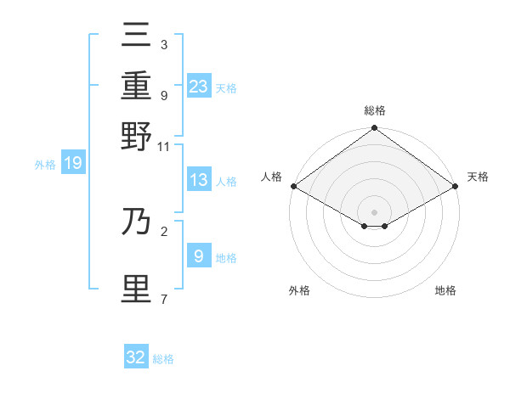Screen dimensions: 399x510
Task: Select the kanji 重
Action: coord(137,86)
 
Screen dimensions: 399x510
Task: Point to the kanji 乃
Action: coord(137,222)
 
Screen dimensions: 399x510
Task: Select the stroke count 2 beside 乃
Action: coord(163,230)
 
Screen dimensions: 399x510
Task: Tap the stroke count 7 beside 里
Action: coord(163,298)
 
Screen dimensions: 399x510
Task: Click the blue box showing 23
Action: coord(199,86)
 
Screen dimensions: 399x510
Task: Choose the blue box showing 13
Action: coord(199,180)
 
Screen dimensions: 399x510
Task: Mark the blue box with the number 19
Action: coord(73,163)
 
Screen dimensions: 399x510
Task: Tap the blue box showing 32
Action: coord(136,357)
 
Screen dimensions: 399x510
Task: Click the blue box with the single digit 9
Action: coord(199,256)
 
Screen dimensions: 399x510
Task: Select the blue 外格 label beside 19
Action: coord(45,165)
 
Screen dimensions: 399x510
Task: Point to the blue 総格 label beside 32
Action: coord(163,359)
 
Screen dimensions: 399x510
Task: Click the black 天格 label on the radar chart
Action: coord(478,177)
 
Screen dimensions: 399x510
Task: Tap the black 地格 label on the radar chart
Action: coord(445,290)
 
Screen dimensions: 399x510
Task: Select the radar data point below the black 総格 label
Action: coord(374,129)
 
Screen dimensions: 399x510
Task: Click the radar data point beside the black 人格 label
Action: coord(293,186)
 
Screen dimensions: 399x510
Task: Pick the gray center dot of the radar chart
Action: coord(374,211)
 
